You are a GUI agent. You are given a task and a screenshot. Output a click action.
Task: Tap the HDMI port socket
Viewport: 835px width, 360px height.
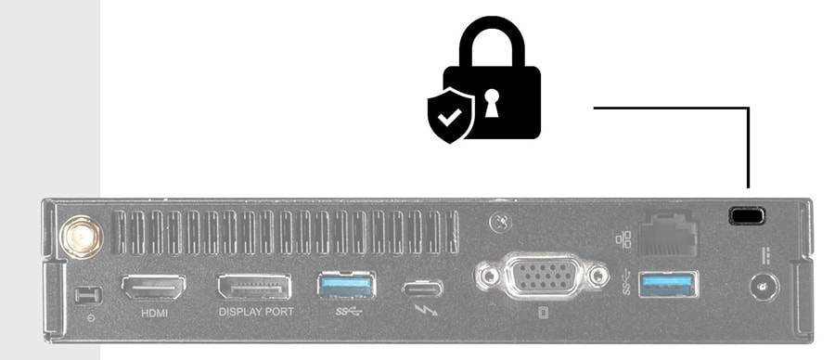152,286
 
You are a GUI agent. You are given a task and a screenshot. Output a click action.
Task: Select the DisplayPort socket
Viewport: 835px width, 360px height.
253,286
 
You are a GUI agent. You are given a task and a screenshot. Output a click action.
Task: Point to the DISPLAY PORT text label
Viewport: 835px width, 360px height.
256,313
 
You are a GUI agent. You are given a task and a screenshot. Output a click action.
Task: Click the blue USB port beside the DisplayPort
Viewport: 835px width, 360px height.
346,285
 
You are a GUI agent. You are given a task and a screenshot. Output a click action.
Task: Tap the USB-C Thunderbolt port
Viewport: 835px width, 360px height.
422,287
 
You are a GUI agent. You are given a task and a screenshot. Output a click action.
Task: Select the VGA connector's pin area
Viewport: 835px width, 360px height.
543,276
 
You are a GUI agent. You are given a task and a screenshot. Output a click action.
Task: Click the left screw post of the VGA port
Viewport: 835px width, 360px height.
486,276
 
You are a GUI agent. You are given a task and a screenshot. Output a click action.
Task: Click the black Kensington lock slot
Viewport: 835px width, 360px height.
747,215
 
